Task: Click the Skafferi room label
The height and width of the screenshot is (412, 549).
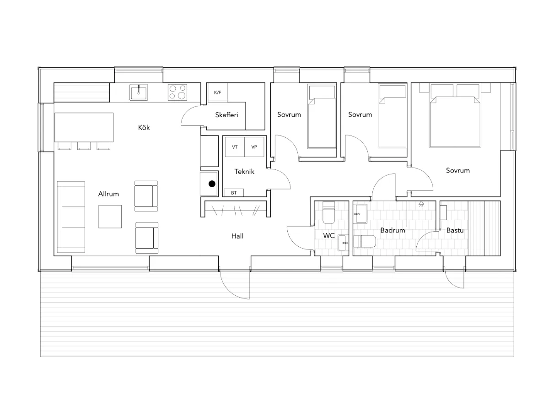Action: tap(226, 115)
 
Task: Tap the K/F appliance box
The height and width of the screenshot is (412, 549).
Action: tap(218, 92)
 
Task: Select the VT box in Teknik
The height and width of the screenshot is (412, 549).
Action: tap(234, 147)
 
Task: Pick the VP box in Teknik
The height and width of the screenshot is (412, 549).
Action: tap(254, 147)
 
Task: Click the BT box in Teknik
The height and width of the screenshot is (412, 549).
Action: tap(234, 193)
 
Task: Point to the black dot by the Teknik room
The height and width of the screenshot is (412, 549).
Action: tap(212, 184)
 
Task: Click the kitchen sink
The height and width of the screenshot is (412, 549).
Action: tap(139, 92)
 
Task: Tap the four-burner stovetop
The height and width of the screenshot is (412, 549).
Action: tap(178, 92)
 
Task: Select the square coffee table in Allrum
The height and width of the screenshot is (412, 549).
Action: tap(110, 217)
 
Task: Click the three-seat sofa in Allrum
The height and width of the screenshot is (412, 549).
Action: tap(71, 217)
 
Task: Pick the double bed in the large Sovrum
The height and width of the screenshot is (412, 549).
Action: tap(455, 115)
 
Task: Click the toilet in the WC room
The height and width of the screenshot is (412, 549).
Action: tap(328, 212)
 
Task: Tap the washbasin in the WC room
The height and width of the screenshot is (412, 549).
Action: tap(343, 243)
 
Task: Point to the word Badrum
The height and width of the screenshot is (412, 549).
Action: tap(393, 230)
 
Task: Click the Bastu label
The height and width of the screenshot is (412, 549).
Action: tap(455, 230)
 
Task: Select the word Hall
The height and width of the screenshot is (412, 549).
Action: tap(237, 236)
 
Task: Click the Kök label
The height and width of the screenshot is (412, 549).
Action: tap(144, 127)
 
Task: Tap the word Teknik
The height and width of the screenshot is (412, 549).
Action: tap(244, 171)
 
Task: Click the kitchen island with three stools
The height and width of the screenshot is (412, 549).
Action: tap(84, 131)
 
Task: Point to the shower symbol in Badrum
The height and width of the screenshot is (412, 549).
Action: tap(421, 204)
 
